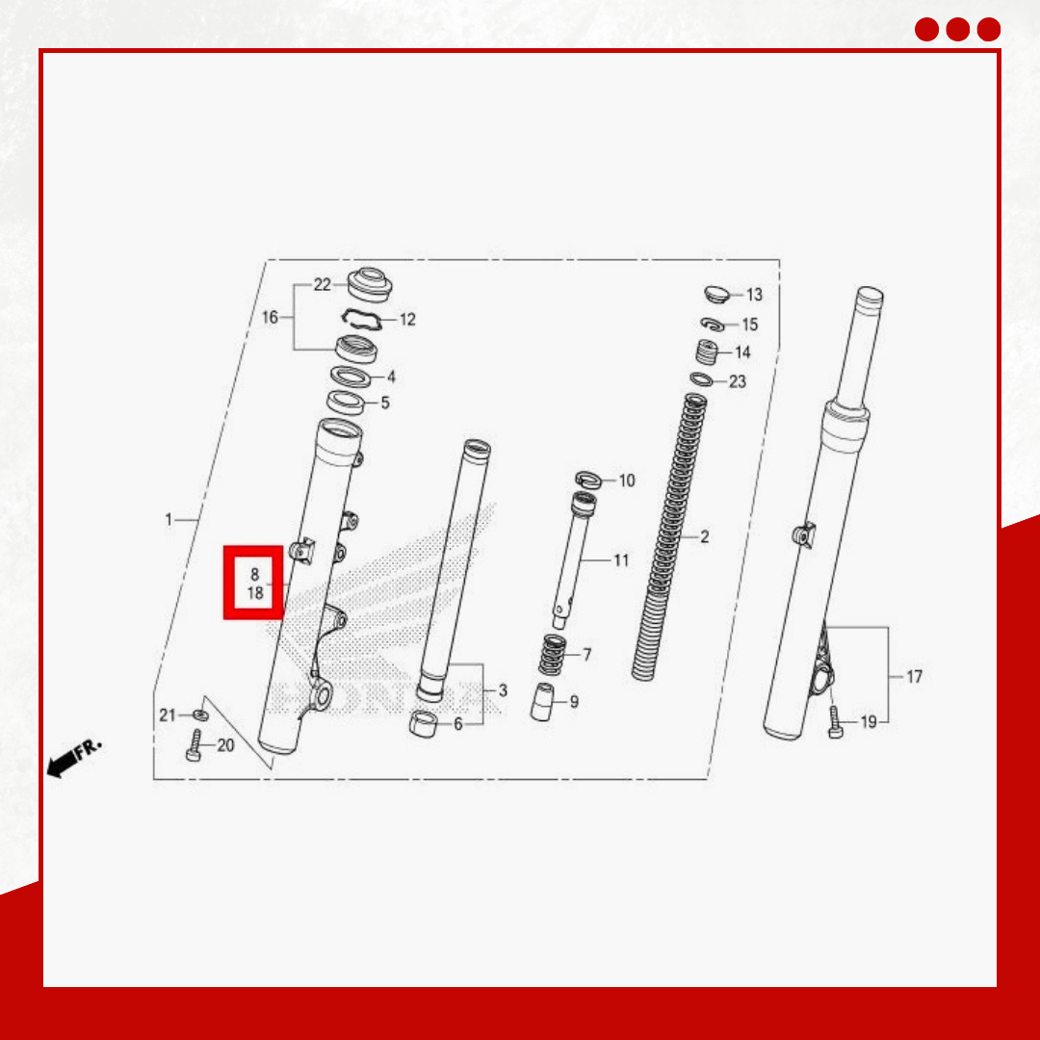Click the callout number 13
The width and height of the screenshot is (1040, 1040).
click(754, 295)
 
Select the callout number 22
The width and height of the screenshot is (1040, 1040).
click(323, 285)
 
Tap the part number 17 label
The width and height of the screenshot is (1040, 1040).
click(914, 677)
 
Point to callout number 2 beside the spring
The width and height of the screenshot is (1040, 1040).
click(704, 536)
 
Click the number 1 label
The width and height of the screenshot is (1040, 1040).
click(169, 520)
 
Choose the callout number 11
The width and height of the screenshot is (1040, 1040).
click(621, 560)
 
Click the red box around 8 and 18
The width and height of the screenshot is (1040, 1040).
click(253, 583)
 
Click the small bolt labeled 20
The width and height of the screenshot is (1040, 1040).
click(194, 745)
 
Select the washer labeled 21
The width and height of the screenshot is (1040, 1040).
click(199, 715)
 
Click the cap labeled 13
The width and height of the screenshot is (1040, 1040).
click(716, 294)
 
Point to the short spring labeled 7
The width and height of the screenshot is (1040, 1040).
click(552, 656)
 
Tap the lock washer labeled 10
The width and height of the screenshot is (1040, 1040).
click(586, 479)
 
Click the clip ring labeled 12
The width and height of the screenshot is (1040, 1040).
click(361, 319)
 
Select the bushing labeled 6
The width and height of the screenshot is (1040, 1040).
click(423, 723)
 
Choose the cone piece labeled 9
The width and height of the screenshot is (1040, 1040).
click(542, 702)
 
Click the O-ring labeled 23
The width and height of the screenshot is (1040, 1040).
click(701, 379)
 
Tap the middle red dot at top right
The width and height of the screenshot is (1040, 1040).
click(957, 30)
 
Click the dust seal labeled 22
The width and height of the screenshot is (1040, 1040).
click(370, 283)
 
